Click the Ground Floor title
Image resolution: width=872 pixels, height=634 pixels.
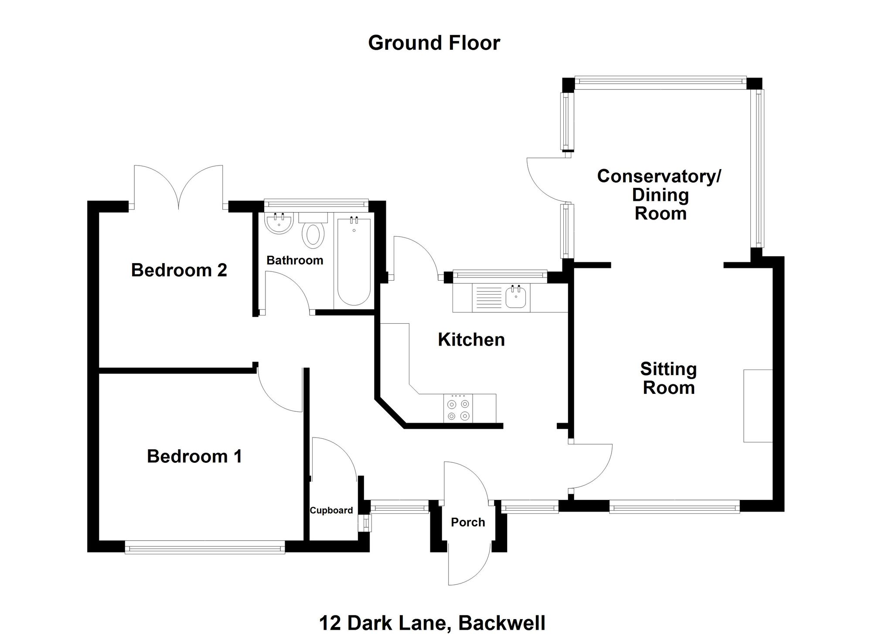point(434,43)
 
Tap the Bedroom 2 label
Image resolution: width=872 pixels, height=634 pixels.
point(179,270)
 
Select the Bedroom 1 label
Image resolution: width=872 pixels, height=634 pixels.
point(194,456)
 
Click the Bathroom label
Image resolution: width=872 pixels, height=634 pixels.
point(295,261)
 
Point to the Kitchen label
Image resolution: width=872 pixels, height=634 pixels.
point(471,340)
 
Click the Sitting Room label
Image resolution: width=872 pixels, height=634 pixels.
point(668,378)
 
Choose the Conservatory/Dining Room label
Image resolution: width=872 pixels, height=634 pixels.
point(659,195)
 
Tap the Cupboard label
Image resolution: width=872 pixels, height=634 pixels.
point(331,510)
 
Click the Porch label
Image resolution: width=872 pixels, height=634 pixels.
point(468,522)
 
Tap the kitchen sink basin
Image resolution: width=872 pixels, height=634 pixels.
point(517,298)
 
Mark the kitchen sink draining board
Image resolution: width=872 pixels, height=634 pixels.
point(488,298)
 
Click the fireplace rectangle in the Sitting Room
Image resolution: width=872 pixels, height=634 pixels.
point(758,406)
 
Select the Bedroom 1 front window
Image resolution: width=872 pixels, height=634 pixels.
point(204,547)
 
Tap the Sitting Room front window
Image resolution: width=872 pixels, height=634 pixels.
point(674,506)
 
